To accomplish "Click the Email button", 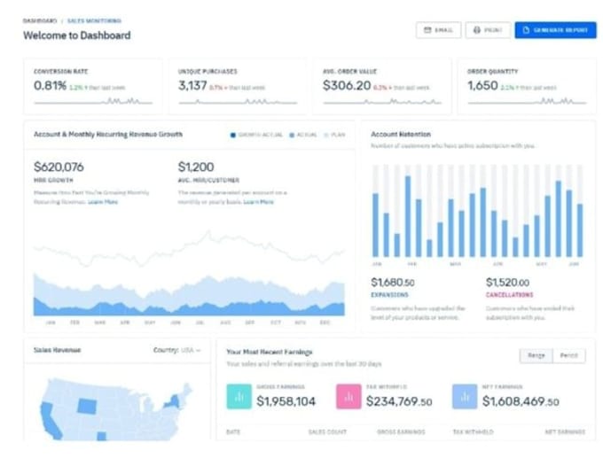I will [x=438, y=30].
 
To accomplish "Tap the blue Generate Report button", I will [x=555, y=30].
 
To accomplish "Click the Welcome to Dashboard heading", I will [x=77, y=35].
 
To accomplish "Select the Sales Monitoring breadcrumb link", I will [x=94, y=19].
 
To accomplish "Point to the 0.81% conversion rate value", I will [x=50, y=86].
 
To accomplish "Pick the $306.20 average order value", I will [x=347, y=86].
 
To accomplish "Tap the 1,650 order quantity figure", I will [x=482, y=86].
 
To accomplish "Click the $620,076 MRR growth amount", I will [x=59, y=167].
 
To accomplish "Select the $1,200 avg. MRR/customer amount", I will [x=196, y=167].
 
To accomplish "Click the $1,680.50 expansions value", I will [x=393, y=283].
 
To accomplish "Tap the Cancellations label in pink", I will [x=509, y=294].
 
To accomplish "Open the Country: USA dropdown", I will [x=176, y=350].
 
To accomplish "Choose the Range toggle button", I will [x=536, y=355].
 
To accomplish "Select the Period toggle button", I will [x=568, y=355].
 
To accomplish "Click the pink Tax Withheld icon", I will [x=348, y=397].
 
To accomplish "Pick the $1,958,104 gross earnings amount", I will [x=286, y=401].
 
